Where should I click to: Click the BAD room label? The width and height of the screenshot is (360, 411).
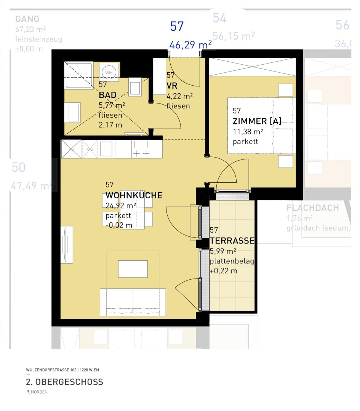(107, 95)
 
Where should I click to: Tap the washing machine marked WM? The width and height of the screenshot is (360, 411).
(109, 72)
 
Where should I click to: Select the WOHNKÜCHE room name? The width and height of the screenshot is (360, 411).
(134, 196)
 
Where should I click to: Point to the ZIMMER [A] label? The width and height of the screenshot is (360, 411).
(257, 121)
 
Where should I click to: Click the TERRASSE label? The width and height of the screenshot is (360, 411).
(232, 241)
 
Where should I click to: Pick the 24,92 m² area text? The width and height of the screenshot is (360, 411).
(121, 206)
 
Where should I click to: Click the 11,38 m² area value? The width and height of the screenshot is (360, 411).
(248, 132)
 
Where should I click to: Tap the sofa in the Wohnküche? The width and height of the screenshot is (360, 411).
(133, 302)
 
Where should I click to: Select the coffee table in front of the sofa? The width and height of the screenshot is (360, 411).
(133, 269)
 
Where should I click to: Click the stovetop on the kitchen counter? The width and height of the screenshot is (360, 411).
(141, 149)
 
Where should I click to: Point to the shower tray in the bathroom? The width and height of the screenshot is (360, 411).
(78, 75)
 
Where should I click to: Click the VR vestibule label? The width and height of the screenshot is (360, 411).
(172, 86)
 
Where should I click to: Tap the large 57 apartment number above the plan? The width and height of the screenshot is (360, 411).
(177, 26)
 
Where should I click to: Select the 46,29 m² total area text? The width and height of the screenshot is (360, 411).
(190, 45)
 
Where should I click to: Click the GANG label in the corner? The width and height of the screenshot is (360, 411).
(27, 19)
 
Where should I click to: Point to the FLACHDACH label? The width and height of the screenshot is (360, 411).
(312, 208)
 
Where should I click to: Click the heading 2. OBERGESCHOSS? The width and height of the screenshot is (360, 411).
(64, 382)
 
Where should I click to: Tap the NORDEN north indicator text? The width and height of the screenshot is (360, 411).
(39, 392)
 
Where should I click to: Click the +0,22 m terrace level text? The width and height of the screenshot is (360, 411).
(224, 271)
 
